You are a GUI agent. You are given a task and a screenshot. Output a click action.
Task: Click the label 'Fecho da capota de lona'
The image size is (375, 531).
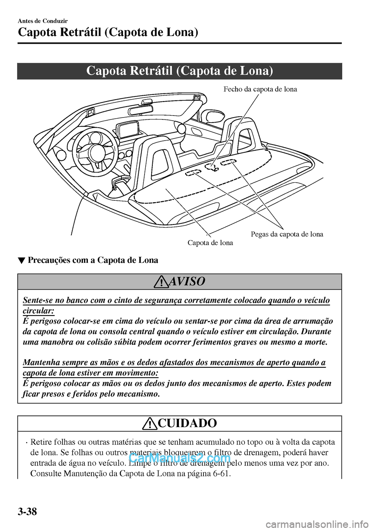(x=260, y=89)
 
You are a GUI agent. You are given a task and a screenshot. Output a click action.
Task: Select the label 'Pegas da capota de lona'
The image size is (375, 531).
(x=287, y=234)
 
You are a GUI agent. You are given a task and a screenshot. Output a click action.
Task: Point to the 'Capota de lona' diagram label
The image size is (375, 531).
(x=210, y=243)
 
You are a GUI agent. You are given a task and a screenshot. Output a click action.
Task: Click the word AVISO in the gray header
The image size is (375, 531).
(x=187, y=281)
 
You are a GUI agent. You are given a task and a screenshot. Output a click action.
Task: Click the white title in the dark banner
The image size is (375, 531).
(x=179, y=71)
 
